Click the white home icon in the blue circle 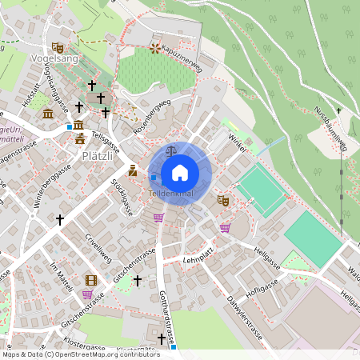[x=180, y=173]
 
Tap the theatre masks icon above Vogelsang [x=57, y=47]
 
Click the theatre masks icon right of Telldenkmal [x=223, y=200]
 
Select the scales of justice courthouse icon [x=170, y=150]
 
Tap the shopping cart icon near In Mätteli [x=86, y=294]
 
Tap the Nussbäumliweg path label [x=330, y=128]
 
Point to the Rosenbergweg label [x=151, y=115]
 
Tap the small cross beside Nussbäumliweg [x=338, y=110]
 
